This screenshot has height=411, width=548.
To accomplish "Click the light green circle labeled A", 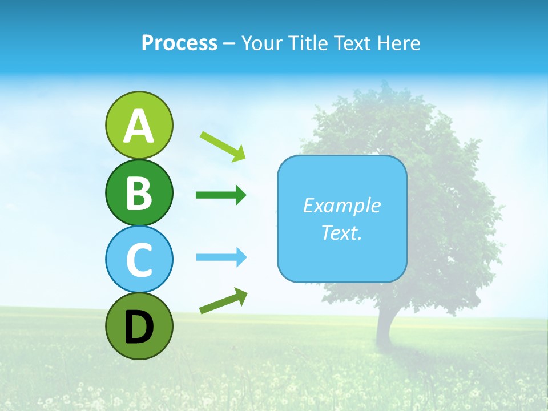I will [139, 124].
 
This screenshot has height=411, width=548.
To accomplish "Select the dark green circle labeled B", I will [139, 192].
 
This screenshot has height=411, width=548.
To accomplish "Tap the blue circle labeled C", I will [139, 260].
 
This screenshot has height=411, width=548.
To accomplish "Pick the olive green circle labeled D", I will [139, 327].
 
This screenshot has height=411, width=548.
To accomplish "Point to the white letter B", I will [139, 193].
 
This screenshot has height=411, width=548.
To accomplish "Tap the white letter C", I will [139, 260].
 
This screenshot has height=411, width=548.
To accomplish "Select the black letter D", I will [139, 327].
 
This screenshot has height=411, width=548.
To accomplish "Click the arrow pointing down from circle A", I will [223, 146].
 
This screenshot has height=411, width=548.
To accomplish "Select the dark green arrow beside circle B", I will [221, 195].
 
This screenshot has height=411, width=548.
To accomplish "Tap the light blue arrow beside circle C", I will [221, 257].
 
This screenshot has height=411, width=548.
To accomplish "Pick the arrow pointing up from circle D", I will [223, 301].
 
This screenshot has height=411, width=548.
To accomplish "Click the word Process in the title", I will [179, 43].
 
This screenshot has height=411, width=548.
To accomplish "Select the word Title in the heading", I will [311, 43].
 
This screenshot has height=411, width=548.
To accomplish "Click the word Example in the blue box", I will [341, 205].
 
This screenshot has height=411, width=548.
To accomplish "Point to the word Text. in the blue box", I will [341, 232].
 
